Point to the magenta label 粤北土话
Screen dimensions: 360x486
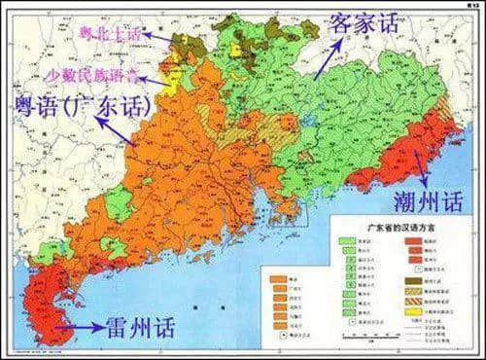pos(107,35)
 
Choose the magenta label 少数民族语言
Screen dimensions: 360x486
pos(87,74)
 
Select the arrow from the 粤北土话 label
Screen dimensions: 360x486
pos(160,37)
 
